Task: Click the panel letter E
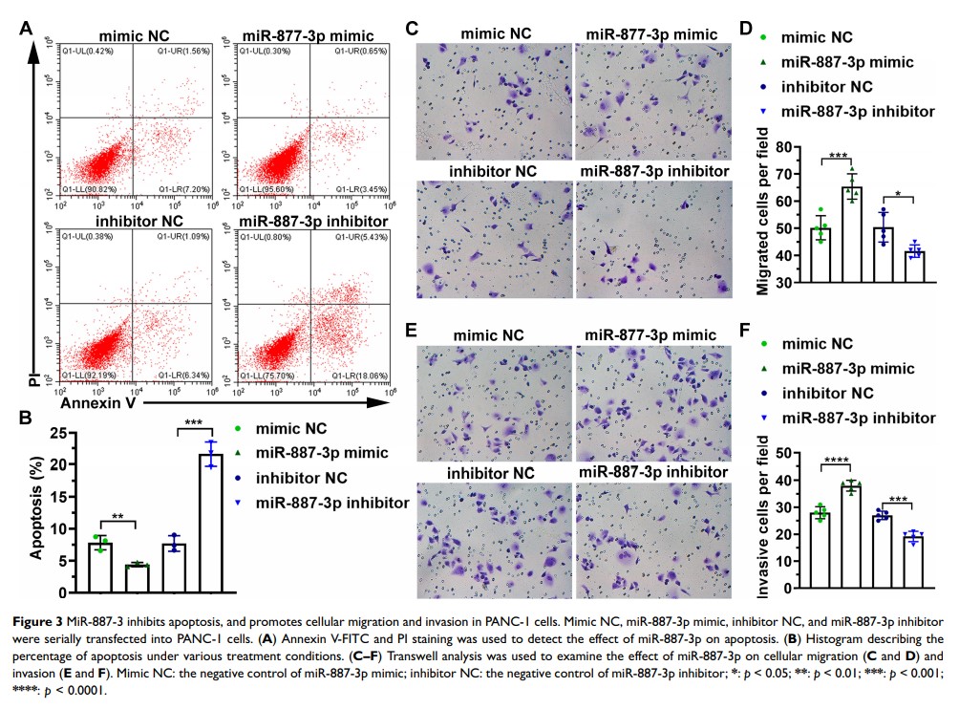pos(413,331)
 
